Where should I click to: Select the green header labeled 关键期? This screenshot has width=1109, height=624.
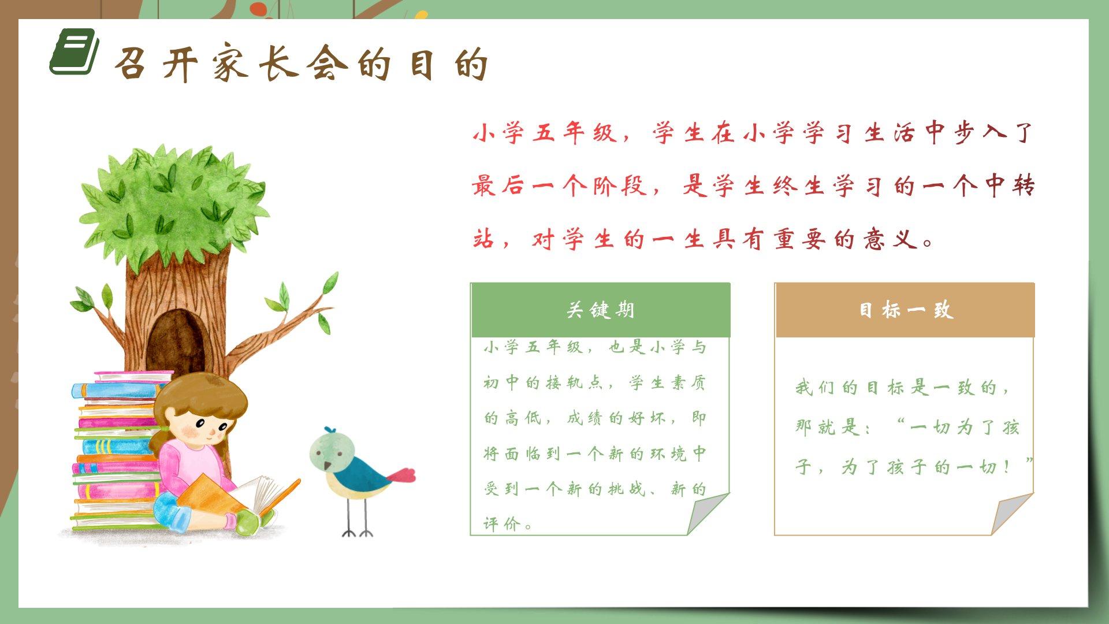pyautogui.click(x=601, y=310)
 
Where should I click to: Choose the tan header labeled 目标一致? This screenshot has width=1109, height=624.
pyautogui.click(x=905, y=310)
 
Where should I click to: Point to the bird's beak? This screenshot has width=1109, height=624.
pyautogui.click(x=328, y=465)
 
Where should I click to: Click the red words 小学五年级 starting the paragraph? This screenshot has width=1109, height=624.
pyautogui.click(x=545, y=133)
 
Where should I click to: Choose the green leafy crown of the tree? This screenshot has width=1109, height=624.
pyautogui.click(x=173, y=202)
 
